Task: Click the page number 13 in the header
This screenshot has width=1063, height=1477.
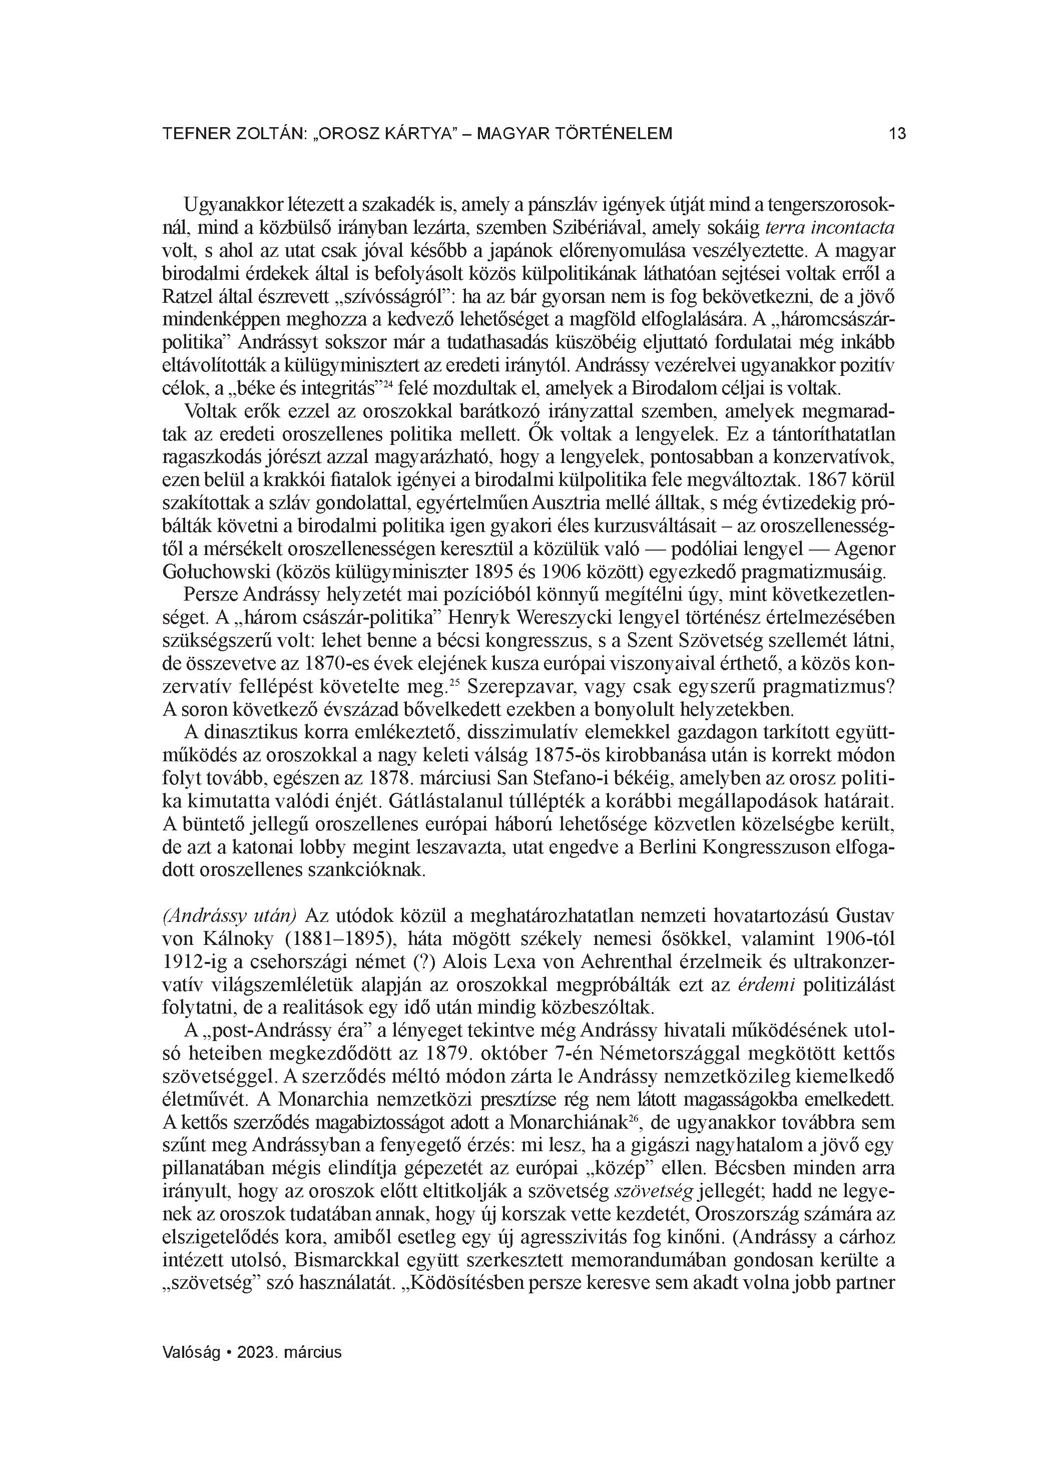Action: [x=897, y=134]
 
